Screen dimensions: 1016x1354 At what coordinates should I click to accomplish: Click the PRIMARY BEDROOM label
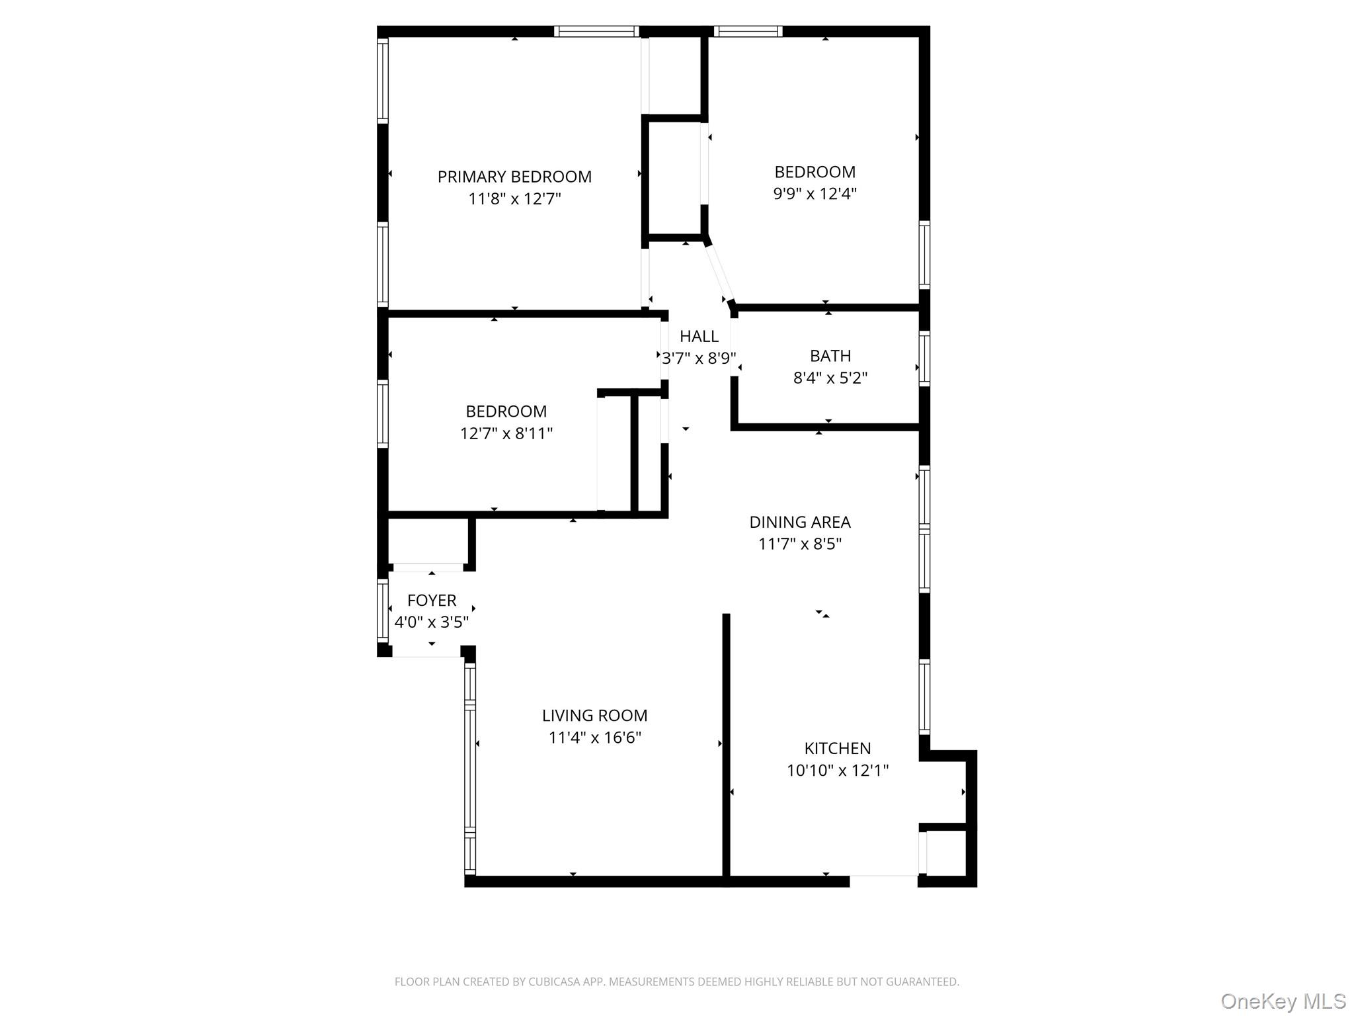click(514, 177)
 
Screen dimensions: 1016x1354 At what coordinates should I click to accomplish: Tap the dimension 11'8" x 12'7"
click(514, 199)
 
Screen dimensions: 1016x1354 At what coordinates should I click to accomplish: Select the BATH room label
click(830, 356)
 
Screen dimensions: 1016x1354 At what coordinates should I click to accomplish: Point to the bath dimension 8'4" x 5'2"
click(830, 378)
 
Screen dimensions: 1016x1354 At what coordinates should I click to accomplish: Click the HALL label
click(699, 336)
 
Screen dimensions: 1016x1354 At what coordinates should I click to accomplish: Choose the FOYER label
click(432, 601)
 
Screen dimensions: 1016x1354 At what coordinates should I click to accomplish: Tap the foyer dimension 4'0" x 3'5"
click(432, 622)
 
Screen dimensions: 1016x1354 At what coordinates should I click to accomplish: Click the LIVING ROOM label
click(594, 716)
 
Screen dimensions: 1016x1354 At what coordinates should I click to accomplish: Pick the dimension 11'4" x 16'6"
click(594, 738)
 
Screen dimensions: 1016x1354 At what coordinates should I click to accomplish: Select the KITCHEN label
click(837, 749)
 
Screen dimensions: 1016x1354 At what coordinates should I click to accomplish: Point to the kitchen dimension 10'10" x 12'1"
click(837, 771)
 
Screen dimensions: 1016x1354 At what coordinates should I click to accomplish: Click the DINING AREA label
click(799, 522)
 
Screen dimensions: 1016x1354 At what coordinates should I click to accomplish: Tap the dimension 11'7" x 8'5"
click(799, 544)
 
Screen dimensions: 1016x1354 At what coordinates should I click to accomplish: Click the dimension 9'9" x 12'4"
click(815, 194)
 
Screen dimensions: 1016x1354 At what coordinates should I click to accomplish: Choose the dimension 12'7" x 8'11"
click(506, 434)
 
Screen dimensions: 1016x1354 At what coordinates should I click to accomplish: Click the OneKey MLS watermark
click(1283, 1001)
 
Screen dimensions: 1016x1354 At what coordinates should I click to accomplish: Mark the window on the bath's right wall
click(924, 358)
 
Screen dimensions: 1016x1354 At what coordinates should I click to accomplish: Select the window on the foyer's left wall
click(383, 610)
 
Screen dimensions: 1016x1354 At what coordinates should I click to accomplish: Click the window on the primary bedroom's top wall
click(596, 31)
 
